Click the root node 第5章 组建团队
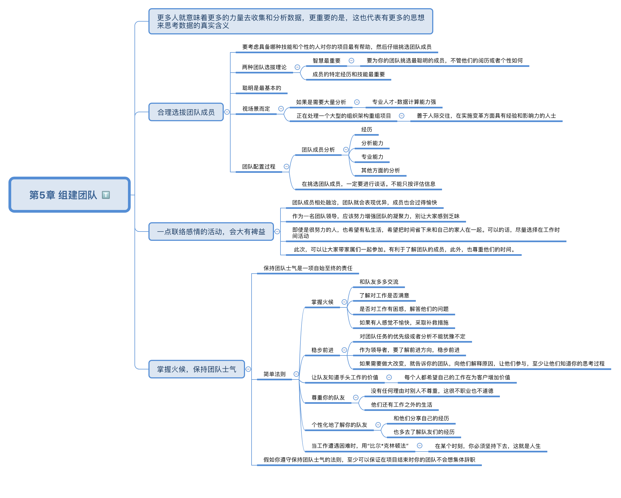69,195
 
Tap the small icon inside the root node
106,195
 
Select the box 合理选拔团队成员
186,112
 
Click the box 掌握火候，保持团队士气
197,369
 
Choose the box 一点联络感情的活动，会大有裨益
211,232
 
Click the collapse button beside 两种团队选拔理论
297,67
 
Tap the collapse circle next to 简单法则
296,374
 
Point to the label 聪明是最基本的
262,88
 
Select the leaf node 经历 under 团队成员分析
367,129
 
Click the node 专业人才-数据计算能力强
404,102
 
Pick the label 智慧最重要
326,61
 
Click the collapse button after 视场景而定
281,109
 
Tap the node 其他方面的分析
381,170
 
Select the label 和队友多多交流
379,282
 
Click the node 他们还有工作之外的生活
402,405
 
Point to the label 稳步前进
322,350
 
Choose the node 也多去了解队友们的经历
424,432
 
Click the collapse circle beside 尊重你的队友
356,398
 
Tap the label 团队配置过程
259,167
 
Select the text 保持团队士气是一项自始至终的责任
308,268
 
